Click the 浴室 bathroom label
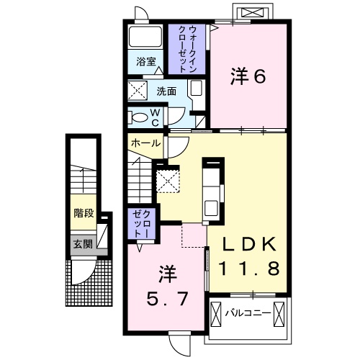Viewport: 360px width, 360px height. pos(147,62)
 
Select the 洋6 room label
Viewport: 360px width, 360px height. pos(246,76)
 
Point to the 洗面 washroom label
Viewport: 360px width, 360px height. pos(167,92)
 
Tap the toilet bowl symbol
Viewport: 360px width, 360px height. pos(140,117)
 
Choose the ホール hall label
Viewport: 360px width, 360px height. pos(145,143)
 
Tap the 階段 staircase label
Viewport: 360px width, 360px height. pos(83,213)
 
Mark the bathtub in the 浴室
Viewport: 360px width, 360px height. pos(146,37)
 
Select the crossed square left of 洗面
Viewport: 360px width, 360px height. pos(138,91)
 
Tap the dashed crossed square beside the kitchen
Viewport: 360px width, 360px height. pos(169,180)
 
